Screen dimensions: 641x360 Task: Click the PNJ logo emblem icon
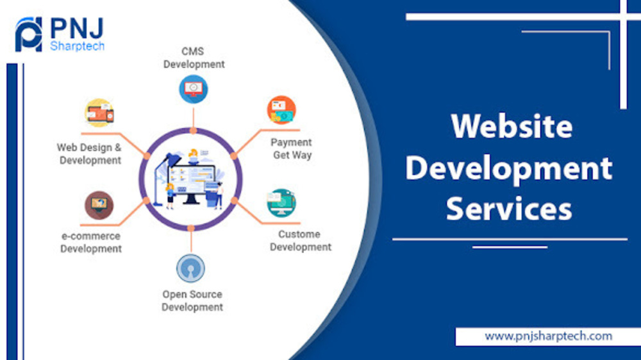(x=29, y=35)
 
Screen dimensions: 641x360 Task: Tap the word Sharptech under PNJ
(x=78, y=46)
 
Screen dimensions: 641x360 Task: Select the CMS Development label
(x=194, y=58)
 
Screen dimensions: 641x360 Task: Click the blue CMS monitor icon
(x=194, y=89)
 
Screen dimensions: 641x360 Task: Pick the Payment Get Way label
(x=292, y=149)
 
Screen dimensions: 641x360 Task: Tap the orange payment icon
(x=281, y=110)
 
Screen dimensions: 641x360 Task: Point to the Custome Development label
(x=301, y=240)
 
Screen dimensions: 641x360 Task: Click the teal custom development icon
(x=281, y=202)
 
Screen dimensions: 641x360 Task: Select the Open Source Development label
(x=192, y=300)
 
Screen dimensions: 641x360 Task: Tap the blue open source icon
(x=190, y=268)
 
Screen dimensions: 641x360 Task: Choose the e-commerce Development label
(x=91, y=242)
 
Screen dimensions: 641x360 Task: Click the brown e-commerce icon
(x=99, y=205)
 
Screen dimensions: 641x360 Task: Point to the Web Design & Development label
(x=90, y=154)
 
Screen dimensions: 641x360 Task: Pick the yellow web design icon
(x=99, y=113)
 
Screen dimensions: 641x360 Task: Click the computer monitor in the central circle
(x=191, y=184)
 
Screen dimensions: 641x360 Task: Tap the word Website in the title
(x=512, y=126)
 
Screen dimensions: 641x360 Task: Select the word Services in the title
(x=509, y=208)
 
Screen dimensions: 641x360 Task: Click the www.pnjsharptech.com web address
(x=548, y=336)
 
